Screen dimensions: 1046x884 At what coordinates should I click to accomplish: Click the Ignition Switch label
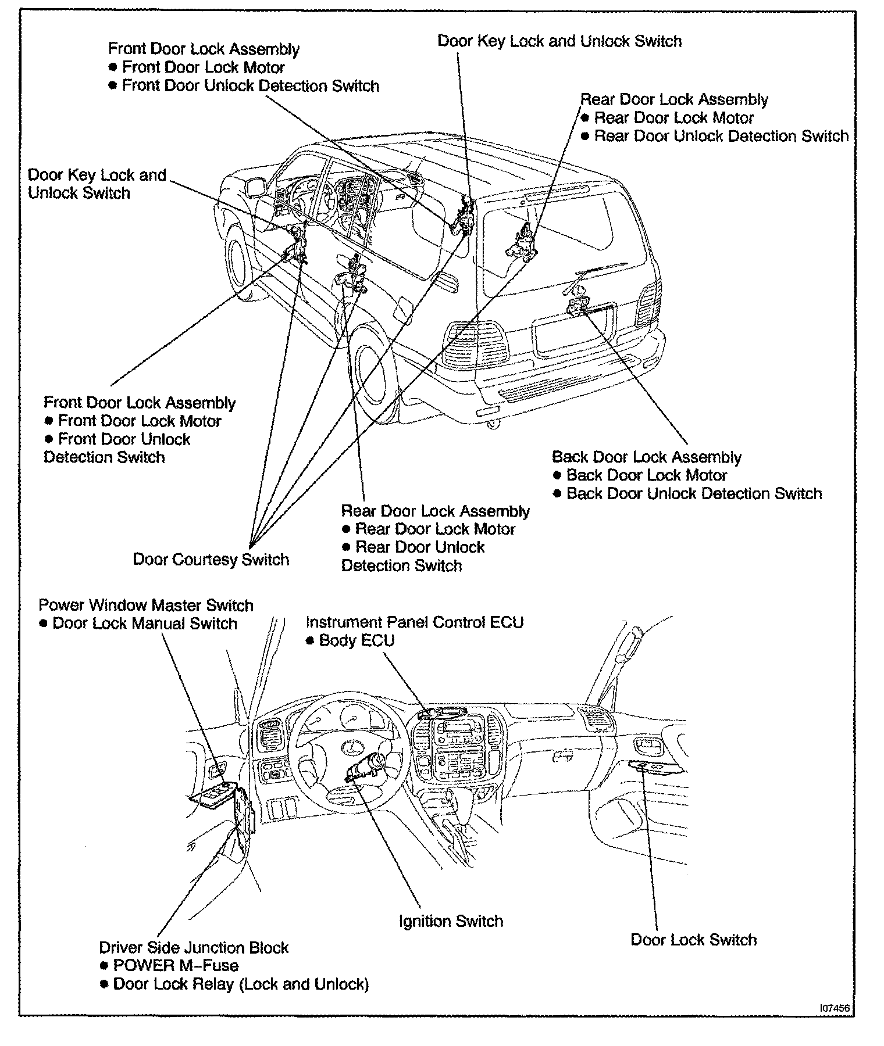[451, 921]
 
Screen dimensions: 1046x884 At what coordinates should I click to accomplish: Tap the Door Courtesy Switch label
[211, 560]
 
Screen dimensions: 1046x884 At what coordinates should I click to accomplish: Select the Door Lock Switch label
[693, 940]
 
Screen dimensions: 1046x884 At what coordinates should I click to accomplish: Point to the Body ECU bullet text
[357, 640]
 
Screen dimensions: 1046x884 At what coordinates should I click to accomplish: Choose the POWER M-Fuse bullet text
[175, 965]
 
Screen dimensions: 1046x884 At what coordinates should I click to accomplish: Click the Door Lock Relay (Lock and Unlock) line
[241, 984]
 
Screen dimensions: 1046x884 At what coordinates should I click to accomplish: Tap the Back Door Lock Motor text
[646, 475]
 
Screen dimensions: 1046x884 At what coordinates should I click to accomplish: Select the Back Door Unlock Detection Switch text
[694, 493]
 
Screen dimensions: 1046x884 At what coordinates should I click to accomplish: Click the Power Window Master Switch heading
[146, 605]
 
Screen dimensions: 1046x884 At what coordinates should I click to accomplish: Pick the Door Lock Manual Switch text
[144, 624]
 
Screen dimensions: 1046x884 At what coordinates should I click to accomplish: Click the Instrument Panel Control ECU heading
[415, 622]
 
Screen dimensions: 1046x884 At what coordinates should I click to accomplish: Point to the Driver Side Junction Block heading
[194, 947]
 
